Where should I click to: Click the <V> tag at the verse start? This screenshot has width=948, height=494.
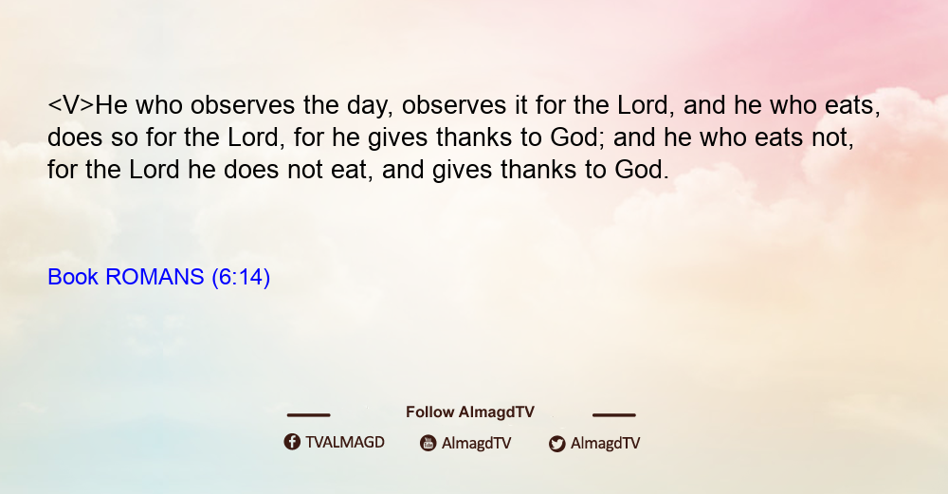pyautogui.click(x=71, y=105)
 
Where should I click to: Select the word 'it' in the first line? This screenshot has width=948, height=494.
pyautogui.click(x=521, y=105)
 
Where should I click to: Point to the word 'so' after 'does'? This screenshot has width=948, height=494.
pyautogui.click(x=124, y=137)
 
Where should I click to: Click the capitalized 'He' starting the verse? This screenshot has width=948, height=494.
pyautogui.click(x=111, y=105)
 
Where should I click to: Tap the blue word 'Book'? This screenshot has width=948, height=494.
pyautogui.click(x=73, y=277)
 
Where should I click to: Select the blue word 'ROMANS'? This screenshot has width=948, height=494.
pyautogui.click(x=155, y=277)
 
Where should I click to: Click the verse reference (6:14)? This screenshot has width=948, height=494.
pyautogui.click(x=241, y=277)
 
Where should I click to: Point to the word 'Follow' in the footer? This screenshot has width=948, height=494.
pyautogui.click(x=429, y=412)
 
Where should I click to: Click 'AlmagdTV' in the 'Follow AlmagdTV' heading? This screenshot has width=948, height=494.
pyautogui.click(x=497, y=412)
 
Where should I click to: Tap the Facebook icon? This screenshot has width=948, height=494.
pyautogui.click(x=292, y=442)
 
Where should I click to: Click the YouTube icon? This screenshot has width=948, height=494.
pyautogui.click(x=428, y=443)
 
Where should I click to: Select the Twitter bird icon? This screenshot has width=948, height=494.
pyautogui.click(x=556, y=444)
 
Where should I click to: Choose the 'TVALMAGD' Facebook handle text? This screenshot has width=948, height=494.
pyautogui.click(x=345, y=442)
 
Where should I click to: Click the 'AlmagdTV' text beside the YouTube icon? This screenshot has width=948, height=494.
pyautogui.click(x=477, y=443)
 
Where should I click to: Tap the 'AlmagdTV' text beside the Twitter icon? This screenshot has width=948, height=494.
pyautogui.click(x=605, y=443)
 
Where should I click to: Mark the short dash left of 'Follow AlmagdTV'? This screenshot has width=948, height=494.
pyautogui.click(x=308, y=414)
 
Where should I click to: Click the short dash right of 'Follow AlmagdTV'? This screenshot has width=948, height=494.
pyautogui.click(x=614, y=414)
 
